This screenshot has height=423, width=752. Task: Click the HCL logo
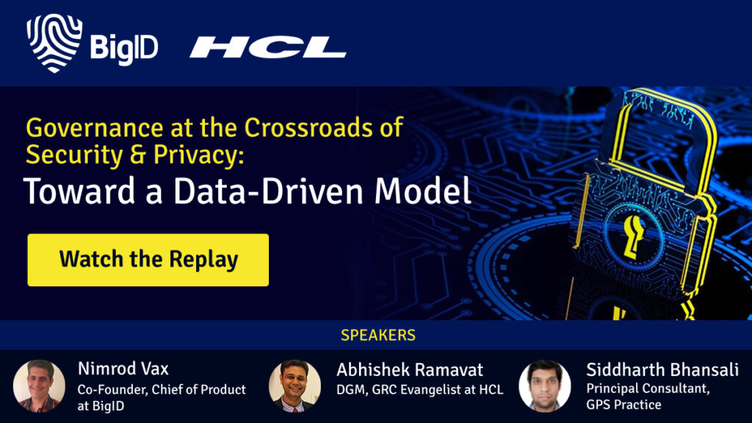point(267,48)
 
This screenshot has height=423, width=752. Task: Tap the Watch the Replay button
point(148,260)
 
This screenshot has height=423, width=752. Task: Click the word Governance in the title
point(95,128)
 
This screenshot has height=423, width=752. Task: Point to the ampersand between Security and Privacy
point(138,155)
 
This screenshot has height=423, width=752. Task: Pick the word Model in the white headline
point(422,191)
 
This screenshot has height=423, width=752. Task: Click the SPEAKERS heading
point(378,335)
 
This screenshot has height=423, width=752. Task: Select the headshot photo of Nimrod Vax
point(40,386)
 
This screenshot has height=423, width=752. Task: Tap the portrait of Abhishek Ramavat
point(294,386)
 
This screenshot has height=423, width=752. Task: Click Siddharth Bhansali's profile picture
point(545,386)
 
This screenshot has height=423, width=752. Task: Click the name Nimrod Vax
point(123,369)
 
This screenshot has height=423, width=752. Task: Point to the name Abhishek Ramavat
point(410,370)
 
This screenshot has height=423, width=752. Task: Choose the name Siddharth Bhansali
point(662,370)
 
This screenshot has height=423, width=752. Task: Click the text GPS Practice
point(623,405)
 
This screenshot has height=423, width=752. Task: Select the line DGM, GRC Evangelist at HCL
point(419,389)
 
